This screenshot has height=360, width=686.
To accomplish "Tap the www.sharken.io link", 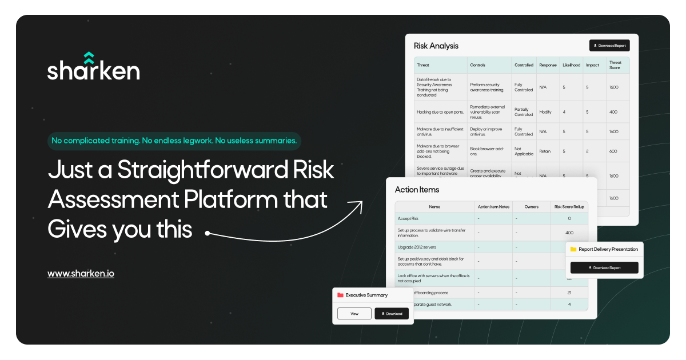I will click(81, 274).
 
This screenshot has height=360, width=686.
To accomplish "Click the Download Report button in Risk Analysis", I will click(609, 46).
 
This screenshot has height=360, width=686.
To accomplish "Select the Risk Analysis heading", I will click(436, 46).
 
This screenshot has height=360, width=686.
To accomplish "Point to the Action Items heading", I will click(417, 189).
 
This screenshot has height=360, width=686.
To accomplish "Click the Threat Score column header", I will click(615, 65).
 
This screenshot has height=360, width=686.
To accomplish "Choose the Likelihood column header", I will click(571, 65).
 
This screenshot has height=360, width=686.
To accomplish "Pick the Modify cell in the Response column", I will click(545, 112).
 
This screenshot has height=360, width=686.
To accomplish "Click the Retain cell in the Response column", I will click(545, 151).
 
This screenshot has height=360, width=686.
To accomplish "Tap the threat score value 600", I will click(613, 151).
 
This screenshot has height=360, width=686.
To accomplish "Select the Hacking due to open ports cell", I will click(440, 112).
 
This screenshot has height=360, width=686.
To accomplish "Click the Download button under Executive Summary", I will click(392, 314).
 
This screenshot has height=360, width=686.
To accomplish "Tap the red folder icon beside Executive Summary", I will click(340, 295).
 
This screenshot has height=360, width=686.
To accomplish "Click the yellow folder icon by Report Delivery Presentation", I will click(573, 249).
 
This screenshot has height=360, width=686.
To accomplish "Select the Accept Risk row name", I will click(408, 218).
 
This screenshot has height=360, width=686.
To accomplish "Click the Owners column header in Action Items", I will click(531, 206).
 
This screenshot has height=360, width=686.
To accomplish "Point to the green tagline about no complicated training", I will click(174, 141).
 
